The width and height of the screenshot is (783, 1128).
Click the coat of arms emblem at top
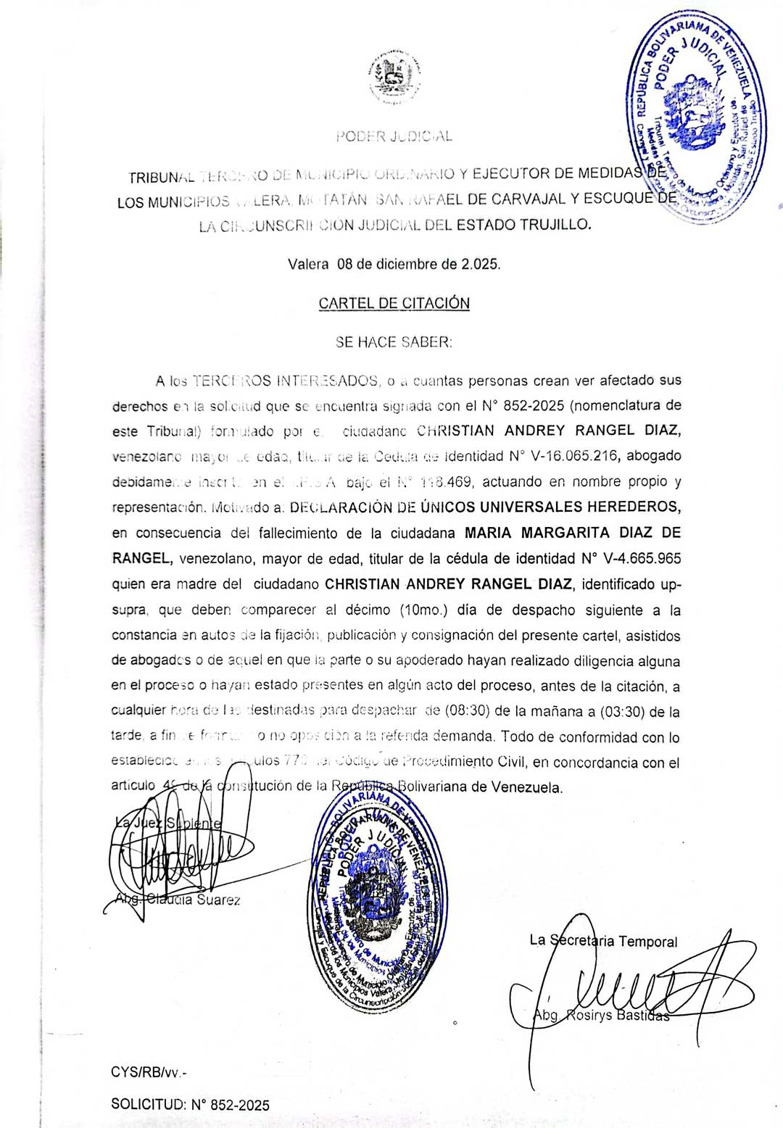click(x=394, y=78)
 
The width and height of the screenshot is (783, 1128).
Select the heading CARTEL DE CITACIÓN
click(x=394, y=303)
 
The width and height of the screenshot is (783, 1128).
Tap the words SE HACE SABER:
click(x=394, y=342)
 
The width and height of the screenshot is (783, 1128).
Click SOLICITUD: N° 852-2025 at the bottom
click(x=190, y=1105)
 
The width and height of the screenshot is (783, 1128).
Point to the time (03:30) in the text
click(x=621, y=712)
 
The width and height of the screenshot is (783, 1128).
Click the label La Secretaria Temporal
click(x=603, y=941)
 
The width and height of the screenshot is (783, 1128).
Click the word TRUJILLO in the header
click(x=558, y=225)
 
